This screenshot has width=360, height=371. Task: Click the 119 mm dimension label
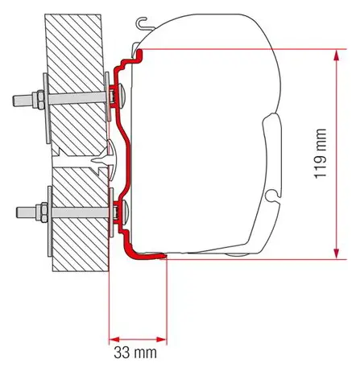click(321, 154)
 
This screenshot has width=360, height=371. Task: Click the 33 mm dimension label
click(135, 353)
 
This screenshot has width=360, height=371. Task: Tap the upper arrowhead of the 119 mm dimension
click(337, 56)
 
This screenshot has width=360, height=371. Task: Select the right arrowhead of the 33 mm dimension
click(161, 340)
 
